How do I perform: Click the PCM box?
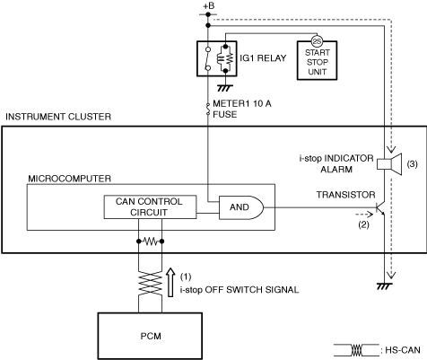(150, 336)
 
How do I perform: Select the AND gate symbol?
(241, 207)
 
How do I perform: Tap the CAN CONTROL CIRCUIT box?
(150, 207)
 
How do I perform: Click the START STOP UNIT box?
(317, 60)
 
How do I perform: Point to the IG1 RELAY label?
(263, 58)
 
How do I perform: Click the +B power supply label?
(209, 6)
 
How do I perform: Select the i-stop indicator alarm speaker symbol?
(388, 163)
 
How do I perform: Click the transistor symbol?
(379, 208)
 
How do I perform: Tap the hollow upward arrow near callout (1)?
(170, 282)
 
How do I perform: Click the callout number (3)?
(413, 164)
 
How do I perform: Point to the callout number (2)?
(363, 224)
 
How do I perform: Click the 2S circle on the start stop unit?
(317, 41)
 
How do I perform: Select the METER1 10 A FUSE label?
(242, 109)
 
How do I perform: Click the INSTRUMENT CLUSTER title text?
(58, 117)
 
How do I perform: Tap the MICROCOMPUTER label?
(69, 179)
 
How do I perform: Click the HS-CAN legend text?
(403, 350)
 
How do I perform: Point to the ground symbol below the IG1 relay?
(225, 88)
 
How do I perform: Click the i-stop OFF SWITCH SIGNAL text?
(240, 290)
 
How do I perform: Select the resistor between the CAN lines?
(151, 241)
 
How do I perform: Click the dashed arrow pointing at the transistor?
(364, 215)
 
